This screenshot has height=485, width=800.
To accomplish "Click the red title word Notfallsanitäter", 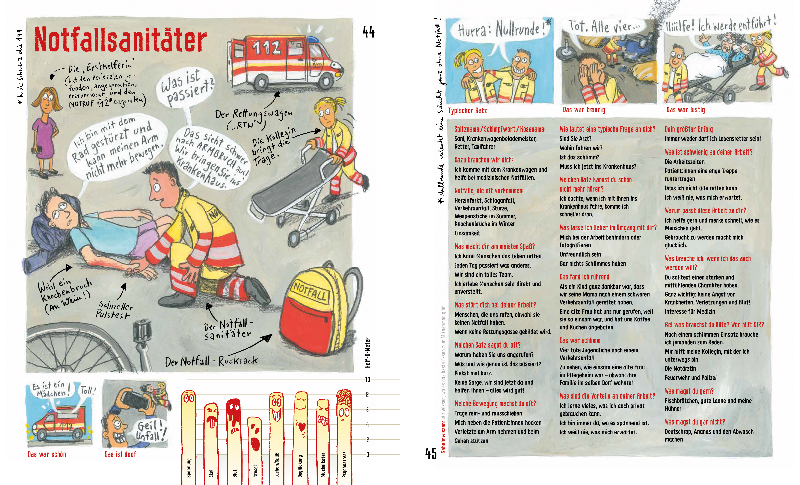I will point(120,40).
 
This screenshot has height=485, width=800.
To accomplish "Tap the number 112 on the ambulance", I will point(266,48).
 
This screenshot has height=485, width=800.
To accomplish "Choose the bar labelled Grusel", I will point(255,448).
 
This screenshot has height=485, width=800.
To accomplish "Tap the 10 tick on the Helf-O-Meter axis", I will point(367,379).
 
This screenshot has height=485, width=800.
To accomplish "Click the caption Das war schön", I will point(47,454).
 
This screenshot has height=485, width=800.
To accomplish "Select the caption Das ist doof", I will point(120,454).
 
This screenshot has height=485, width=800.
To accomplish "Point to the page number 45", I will point(431,453).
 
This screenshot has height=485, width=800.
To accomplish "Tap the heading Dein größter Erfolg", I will point(688,129).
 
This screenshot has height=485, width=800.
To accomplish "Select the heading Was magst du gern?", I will point(689,391).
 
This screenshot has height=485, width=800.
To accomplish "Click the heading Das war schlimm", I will point(580,340).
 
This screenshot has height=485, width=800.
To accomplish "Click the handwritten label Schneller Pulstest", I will point(114,310).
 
